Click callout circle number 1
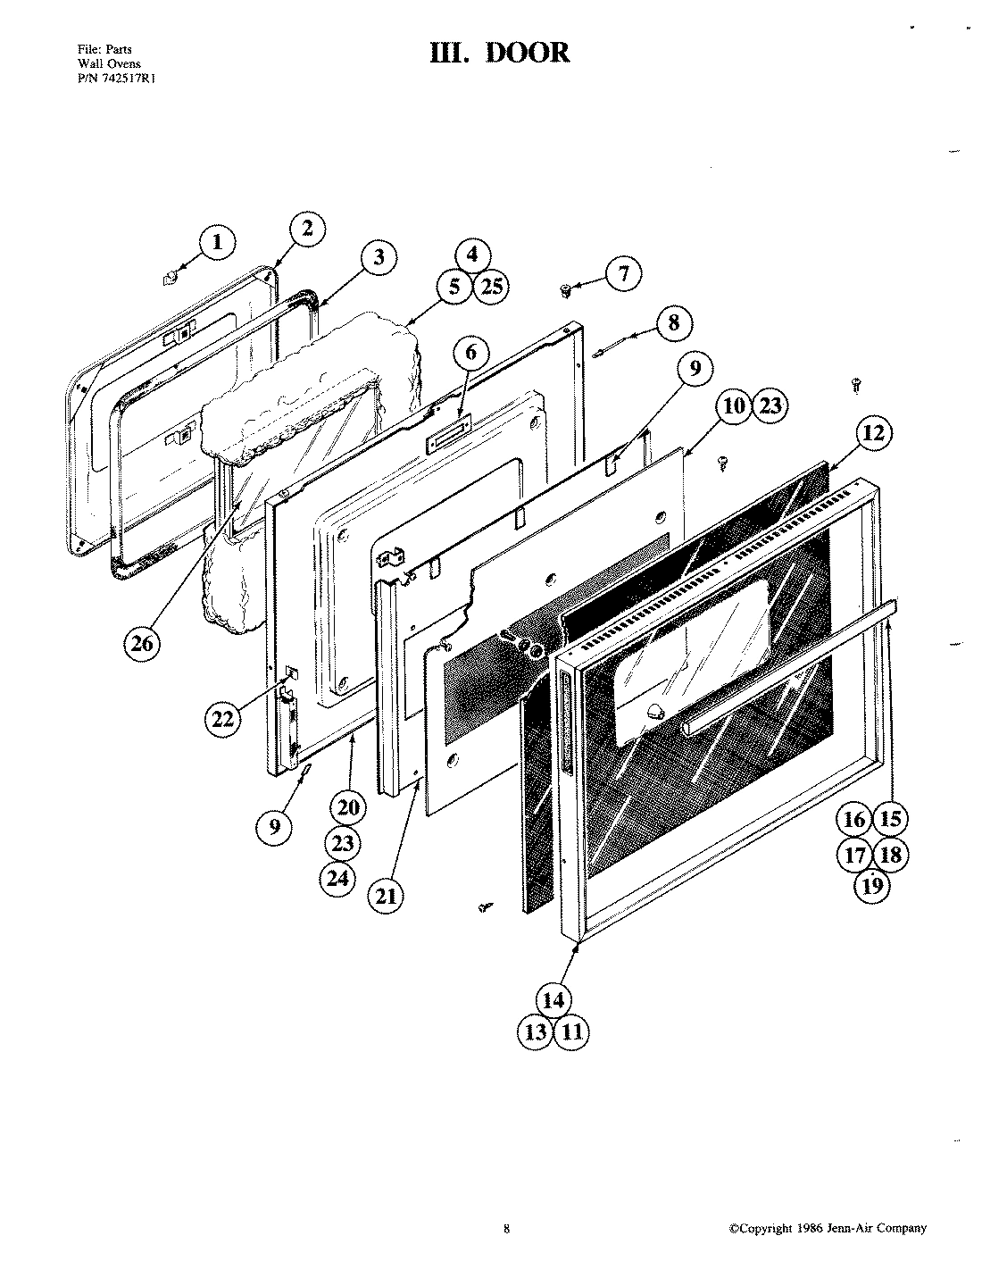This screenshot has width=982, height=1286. point(217,243)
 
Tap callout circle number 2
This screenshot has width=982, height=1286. point(307,230)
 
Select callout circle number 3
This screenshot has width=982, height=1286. point(379,258)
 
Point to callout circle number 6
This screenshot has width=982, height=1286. point(471,353)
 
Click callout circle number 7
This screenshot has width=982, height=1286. point(623,273)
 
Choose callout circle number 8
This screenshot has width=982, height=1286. point(673,323)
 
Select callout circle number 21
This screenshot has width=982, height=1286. point(385,895)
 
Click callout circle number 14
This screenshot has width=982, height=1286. point(553,999)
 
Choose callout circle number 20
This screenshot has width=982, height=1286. point(347,807)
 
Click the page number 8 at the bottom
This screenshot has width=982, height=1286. point(506,1229)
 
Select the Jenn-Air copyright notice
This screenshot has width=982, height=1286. point(828,1228)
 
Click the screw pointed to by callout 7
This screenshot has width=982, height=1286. point(565,289)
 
